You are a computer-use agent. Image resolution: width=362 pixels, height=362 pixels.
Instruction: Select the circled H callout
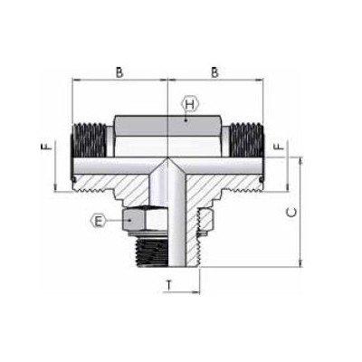click(x=188, y=105)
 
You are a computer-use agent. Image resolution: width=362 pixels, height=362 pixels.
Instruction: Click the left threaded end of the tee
click(x=90, y=140)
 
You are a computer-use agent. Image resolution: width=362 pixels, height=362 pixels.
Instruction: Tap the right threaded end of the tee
click(x=246, y=140)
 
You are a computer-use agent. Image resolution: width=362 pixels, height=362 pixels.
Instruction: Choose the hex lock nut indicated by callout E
click(x=140, y=220)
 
